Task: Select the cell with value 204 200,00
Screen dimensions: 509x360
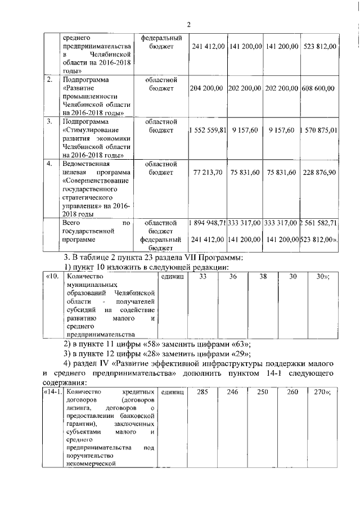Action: [x=208, y=88]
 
